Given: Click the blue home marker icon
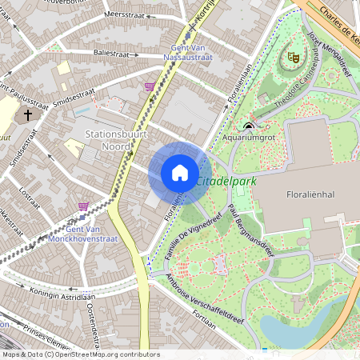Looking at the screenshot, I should [180, 172].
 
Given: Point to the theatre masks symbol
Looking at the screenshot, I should [294, 57].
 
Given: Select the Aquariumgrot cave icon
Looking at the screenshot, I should [248, 126].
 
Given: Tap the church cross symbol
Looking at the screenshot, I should [28, 114].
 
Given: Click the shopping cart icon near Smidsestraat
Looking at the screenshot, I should [149, 86].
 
